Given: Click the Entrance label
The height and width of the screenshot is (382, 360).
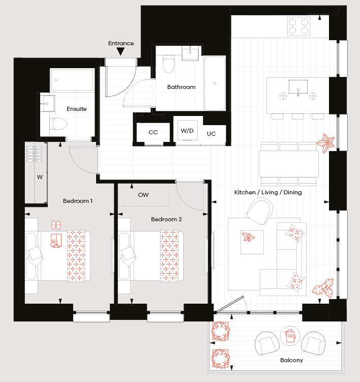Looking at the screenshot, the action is pos(121,43).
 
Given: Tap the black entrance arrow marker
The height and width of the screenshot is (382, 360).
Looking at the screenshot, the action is pos(121,51).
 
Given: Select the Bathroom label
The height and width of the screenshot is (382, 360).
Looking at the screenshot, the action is pos(181,87).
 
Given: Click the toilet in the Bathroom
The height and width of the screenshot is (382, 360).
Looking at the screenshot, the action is pos(168,64).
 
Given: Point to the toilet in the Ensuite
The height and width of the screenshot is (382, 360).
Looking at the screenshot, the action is pos(58,124).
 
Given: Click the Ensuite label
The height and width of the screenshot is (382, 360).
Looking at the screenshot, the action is pos(76,109).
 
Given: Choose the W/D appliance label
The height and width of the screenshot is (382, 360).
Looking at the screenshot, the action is pos(187,131).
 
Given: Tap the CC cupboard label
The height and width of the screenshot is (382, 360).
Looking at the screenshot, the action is pos(153,132).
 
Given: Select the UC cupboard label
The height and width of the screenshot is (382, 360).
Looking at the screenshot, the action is pos(211,134).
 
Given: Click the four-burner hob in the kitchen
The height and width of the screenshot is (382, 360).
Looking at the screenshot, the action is pos(298,26).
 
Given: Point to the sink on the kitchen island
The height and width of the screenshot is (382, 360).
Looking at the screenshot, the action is pos(298,87).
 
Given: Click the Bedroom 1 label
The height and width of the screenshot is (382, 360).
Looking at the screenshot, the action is pos(78,201).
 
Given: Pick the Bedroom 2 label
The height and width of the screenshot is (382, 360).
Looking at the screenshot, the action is pos(166,219).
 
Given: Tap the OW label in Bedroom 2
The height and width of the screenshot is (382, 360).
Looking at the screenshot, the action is pos(143,195).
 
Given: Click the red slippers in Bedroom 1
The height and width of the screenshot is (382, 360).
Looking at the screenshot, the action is pos(56,225).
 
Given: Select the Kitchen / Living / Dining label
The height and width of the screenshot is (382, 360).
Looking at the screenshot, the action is pos(268,192).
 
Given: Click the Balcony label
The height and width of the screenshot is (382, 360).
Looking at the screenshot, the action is pos(291,360).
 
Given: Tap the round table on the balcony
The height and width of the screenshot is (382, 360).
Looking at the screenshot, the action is pos(290,336).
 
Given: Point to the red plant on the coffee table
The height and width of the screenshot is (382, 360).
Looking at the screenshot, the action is pos(248,237).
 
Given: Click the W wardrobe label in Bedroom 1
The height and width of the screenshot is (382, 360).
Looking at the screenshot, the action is pos(40,177).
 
